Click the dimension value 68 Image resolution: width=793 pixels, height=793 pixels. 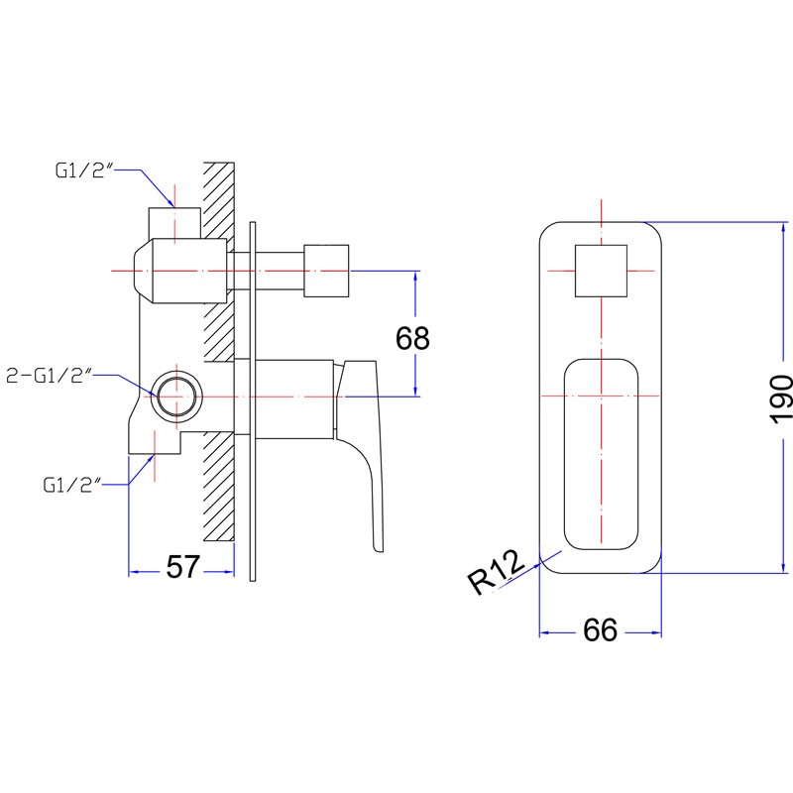coord(412,338)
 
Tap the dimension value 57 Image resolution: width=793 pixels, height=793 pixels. coord(183,566)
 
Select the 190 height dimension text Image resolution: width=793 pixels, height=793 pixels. coord(780,399)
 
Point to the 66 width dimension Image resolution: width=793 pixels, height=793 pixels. coord(601,629)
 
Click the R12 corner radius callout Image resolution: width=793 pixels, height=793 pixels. coord(497,572)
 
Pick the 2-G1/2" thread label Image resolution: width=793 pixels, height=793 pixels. coord(49,376)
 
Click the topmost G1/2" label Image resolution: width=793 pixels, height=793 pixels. coord(83,170)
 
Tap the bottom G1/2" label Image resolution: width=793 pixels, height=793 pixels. coord(71,485)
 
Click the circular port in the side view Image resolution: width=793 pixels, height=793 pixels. coord(177,396)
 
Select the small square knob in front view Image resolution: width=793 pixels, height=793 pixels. coord(601,271)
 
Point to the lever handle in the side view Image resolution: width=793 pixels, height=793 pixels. coord(360,455)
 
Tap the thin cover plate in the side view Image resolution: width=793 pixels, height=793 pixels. coord(253,401)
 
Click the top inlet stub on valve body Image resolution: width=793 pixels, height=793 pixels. coord(174,222)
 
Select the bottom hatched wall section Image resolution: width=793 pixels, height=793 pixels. coord(219,488)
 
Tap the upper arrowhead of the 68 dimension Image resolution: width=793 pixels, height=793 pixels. coord(415,276)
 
